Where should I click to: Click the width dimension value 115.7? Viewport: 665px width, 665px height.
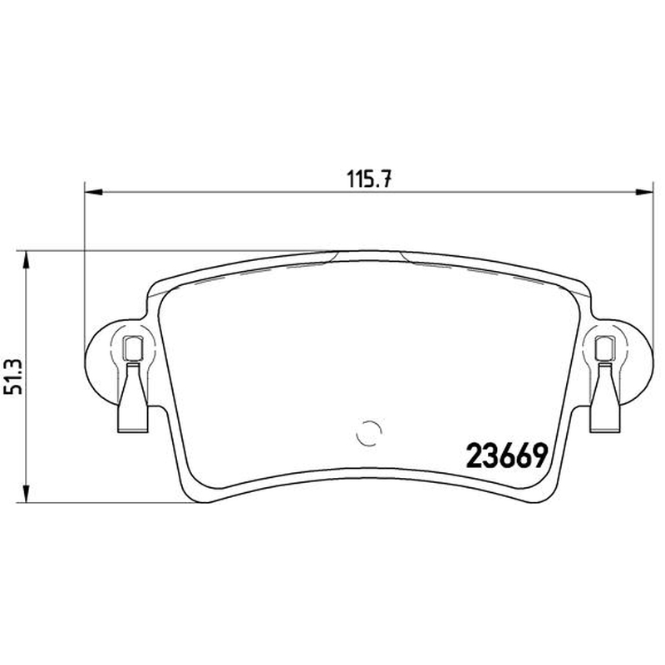369,179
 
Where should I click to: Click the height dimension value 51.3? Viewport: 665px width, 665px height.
13,377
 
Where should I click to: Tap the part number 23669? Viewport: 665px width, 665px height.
507,456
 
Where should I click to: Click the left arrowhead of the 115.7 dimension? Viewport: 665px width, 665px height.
94,192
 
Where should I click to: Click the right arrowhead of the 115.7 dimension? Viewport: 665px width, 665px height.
644,192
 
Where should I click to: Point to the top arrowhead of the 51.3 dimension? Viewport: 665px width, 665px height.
27,259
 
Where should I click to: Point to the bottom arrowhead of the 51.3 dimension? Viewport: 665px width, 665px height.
27,494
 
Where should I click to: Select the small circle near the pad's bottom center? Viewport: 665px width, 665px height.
369,433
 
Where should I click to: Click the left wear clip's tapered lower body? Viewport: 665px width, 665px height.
133,399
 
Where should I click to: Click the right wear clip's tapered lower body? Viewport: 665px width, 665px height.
605,399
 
